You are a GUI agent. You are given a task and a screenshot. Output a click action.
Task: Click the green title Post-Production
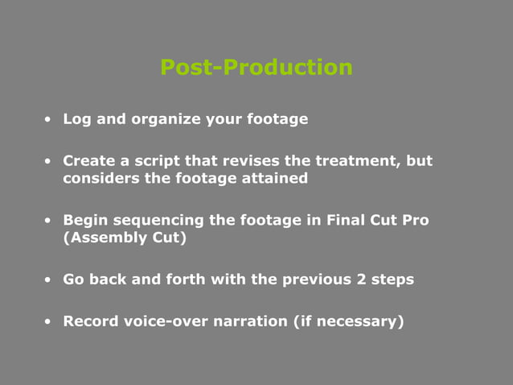coord(256,67)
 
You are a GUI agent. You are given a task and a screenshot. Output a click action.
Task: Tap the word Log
coord(77,119)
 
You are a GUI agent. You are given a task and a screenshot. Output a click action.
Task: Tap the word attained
coord(275,178)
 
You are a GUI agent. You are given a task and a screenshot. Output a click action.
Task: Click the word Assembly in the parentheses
coord(98,238)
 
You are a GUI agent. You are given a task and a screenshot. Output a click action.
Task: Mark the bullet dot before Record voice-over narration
coord(49,322)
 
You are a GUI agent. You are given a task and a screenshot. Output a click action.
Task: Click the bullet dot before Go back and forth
coord(49,280)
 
